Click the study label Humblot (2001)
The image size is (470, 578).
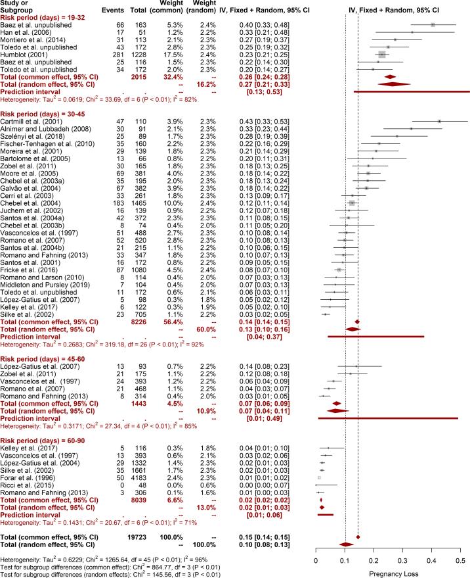click(20, 53)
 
